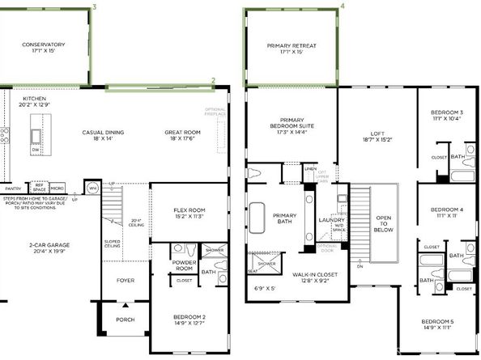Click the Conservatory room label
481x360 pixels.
(x=44, y=44)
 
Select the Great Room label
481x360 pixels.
(x=182, y=132)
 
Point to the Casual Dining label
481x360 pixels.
(x=103, y=132)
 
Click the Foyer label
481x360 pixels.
(x=125, y=282)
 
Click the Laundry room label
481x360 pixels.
(x=333, y=219)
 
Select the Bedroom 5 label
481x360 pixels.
(x=437, y=322)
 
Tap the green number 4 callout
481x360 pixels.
(x=342, y=5)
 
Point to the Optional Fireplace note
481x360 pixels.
(x=215, y=112)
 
